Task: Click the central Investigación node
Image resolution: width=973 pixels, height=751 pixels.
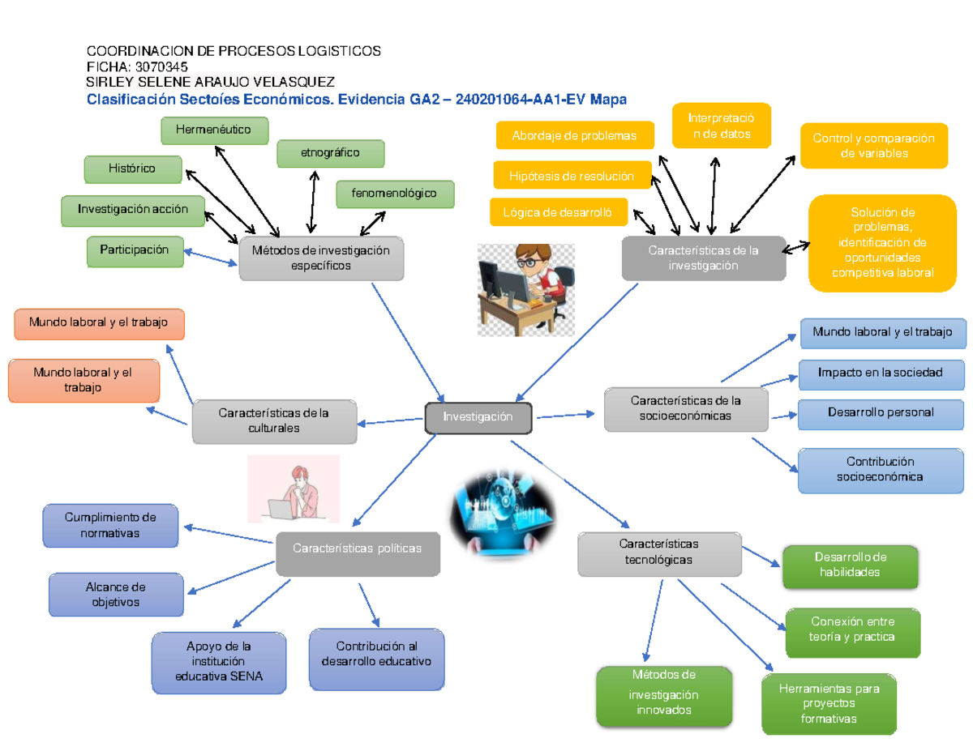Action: click(x=478, y=417)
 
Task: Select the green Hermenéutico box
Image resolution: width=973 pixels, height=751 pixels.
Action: click(x=214, y=130)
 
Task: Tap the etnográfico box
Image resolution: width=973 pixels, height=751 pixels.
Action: click(x=330, y=152)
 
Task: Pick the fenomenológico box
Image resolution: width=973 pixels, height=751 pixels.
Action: click(x=394, y=194)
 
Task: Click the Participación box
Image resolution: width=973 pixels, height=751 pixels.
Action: click(x=135, y=250)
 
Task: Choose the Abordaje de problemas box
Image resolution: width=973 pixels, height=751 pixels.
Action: click(x=574, y=136)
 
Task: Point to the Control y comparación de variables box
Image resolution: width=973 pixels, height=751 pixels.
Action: click(x=873, y=146)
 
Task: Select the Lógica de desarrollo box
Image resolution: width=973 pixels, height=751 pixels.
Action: click(x=558, y=212)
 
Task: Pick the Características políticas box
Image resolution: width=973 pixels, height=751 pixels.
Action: click(x=358, y=549)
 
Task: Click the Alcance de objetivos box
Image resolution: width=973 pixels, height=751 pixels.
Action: click(x=114, y=595)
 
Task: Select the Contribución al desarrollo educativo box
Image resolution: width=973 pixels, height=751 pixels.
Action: click(x=376, y=655)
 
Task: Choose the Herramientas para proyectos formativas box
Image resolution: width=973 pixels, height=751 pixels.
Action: click(x=828, y=703)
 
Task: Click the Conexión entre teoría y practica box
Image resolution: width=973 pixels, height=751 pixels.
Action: click(x=852, y=630)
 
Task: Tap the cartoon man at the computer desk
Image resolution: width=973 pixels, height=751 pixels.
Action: click(x=525, y=289)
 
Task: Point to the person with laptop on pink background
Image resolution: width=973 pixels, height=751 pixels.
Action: click(x=293, y=489)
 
